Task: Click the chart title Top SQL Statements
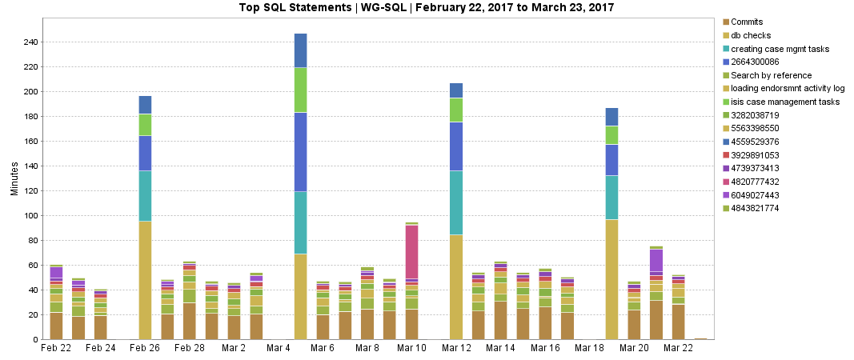pyautogui.click(x=426, y=7)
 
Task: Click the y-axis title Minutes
pyautogui.click(x=14, y=181)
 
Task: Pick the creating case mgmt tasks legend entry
pyautogui.click(x=778, y=49)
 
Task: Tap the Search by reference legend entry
pyautogui.click(x=766, y=75)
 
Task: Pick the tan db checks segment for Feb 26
pyautogui.click(x=146, y=280)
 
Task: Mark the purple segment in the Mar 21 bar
pyautogui.click(x=656, y=260)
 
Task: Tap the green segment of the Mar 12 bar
pyautogui.click(x=456, y=110)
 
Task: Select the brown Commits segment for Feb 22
pyautogui.click(x=56, y=326)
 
